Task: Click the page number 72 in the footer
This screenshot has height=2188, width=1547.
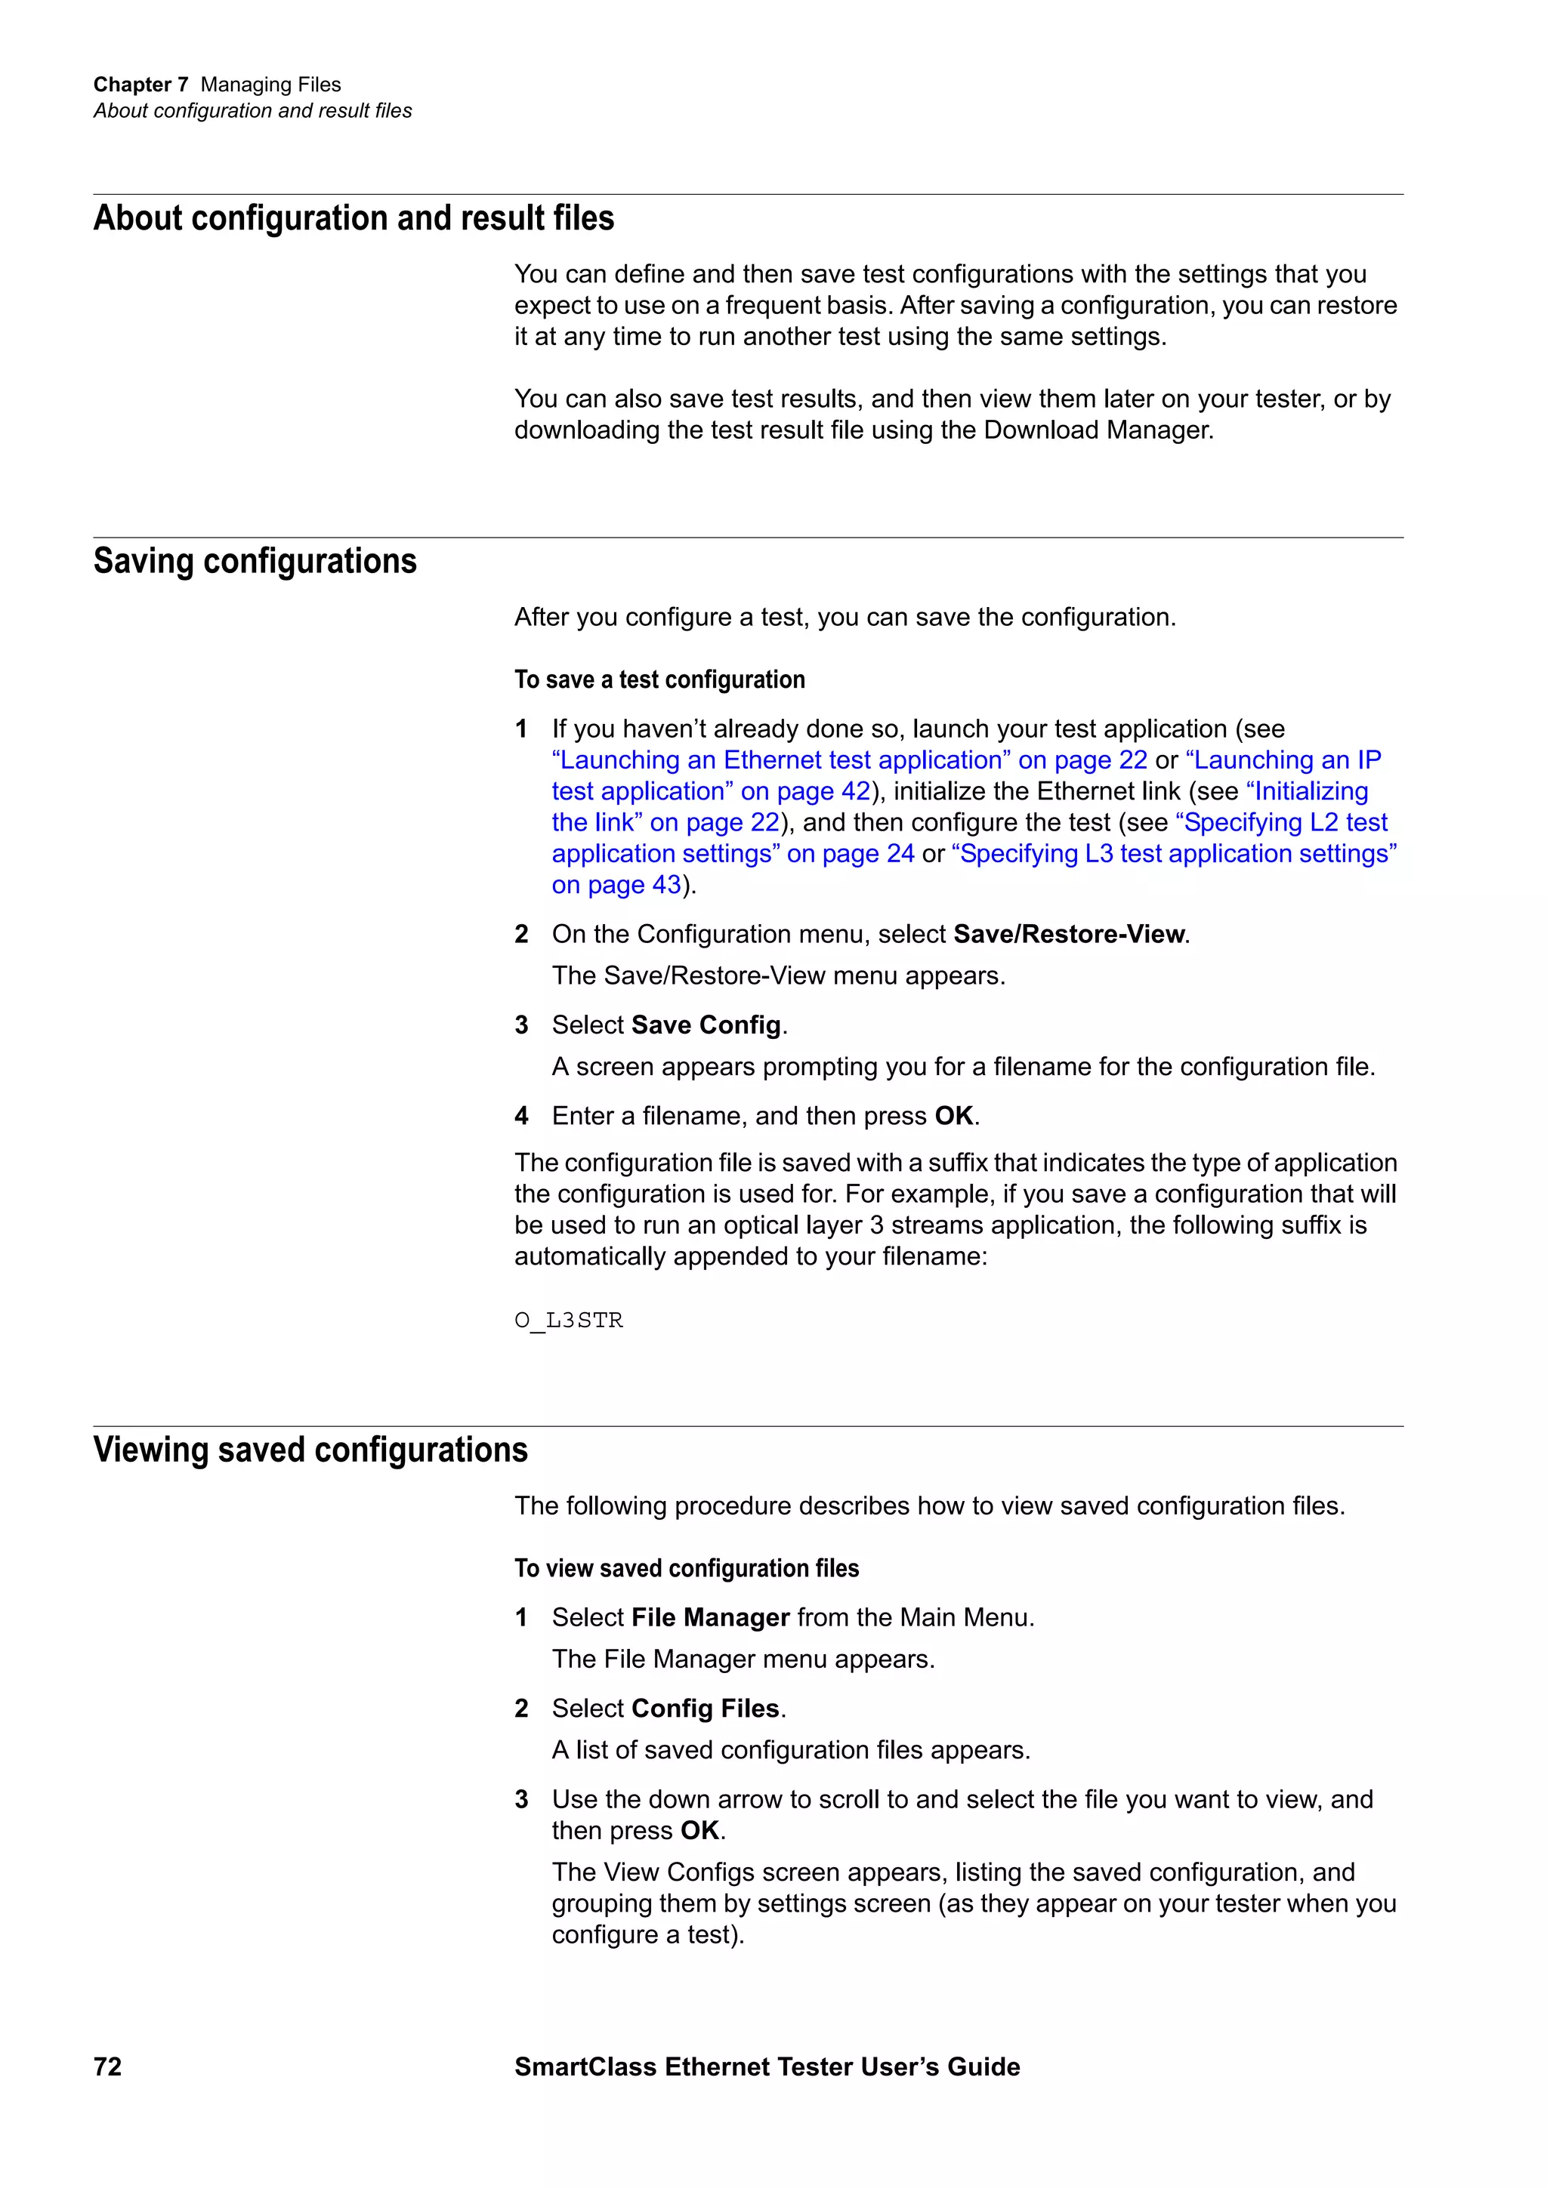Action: (x=108, y=2066)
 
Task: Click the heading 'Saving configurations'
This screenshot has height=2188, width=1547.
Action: (x=255, y=561)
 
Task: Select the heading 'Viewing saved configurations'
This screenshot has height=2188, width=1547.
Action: (x=310, y=1450)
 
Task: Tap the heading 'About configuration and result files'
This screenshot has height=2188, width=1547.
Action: (x=354, y=218)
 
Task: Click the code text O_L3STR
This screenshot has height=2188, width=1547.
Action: (x=568, y=1320)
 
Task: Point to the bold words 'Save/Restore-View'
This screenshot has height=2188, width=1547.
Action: (x=1069, y=934)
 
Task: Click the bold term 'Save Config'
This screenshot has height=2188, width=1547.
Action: (x=706, y=1025)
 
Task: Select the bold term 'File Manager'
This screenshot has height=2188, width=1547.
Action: (x=710, y=1617)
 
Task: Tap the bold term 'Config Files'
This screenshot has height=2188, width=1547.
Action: (x=706, y=1708)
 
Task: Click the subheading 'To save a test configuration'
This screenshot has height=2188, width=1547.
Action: (x=659, y=680)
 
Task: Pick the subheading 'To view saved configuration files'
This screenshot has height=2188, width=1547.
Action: (x=687, y=1567)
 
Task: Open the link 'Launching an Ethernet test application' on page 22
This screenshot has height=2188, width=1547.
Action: (x=848, y=760)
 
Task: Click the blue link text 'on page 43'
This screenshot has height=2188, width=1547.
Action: (x=616, y=886)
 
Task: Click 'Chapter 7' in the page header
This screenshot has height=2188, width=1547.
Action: (x=140, y=85)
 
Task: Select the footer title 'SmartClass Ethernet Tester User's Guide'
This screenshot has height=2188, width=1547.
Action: (x=767, y=2066)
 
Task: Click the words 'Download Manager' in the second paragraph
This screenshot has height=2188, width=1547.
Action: (x=1096, y=430)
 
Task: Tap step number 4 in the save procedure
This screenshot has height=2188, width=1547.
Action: (x=521, y=1116)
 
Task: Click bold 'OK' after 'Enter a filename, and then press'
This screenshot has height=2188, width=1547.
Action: (x=953, y=1116)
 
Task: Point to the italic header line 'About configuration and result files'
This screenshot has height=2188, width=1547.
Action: (x=252, y=110)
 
